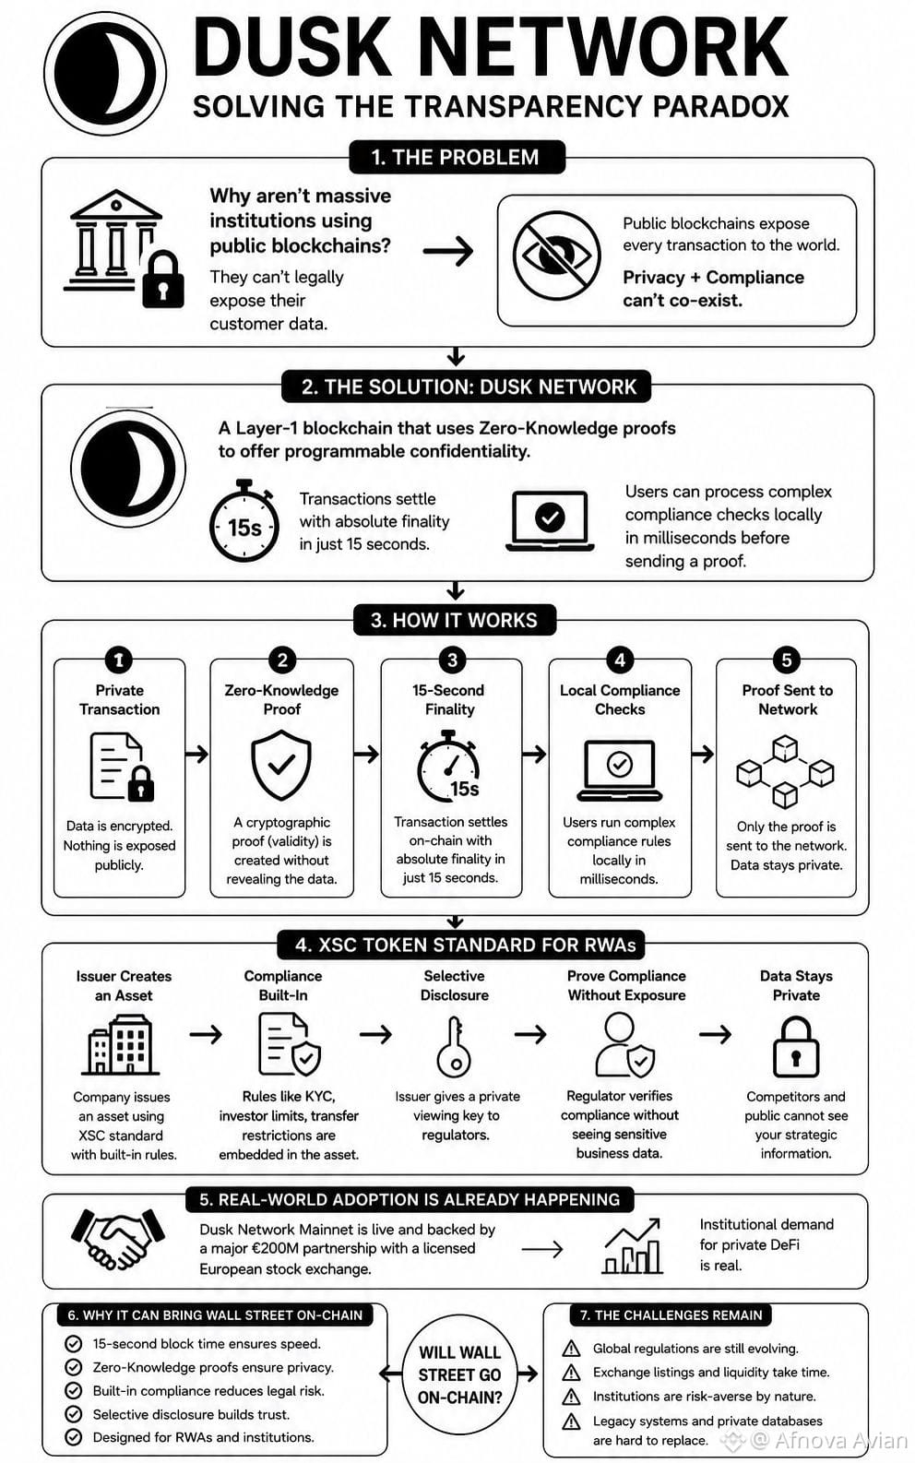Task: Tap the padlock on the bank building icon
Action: pyautogui.click(x=162, y=280)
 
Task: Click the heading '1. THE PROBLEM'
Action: pyautogui.click(x=456, y=158)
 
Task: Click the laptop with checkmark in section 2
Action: pyautogui.click(x=550, y=520)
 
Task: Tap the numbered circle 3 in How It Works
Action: pyautogui.click(x=452, y=660)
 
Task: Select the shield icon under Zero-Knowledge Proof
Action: pyautogui.click(x=281, y=765)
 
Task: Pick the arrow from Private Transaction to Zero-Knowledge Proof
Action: pyautogui.click(x=196, y=755)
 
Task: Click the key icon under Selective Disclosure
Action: pyautogui.click(x=454, y=1046)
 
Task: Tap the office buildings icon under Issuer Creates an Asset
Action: pyautogui.click(x=121, y=1045)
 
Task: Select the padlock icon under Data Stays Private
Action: pyautogui.click(x=795, y=1047)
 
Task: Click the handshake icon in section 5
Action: pyautogui.click(x=118, y=1239)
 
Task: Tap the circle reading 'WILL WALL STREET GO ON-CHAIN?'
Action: pyautogui.click(x=459, y=1374)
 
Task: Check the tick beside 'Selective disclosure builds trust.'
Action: pyautogui.click(x=74, y=1414)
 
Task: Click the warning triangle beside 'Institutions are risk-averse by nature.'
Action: pyautogui.click(x=572, y=1397)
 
